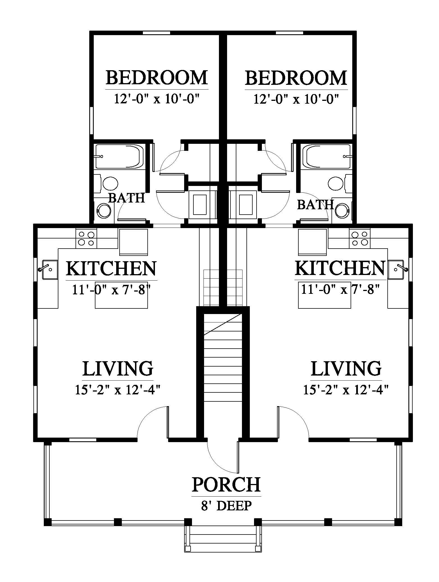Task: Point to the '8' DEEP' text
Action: pyautogui.click(x=226, y=506)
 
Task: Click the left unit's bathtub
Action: pyautogui.click(x=119, y=156)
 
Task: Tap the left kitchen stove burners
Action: pyautogui.click(x=86, y=238)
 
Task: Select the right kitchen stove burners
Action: pyautogui.click(x=360, y=238)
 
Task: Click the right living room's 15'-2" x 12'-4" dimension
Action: pyautogui.click(x=346, y=390)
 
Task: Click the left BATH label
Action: pyautogui.click(x=126, y=198)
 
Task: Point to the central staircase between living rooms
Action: pyautogui.click(x=223, y=365)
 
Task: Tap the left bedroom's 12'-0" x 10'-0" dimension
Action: pyautogui.click(x=157, y=99)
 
